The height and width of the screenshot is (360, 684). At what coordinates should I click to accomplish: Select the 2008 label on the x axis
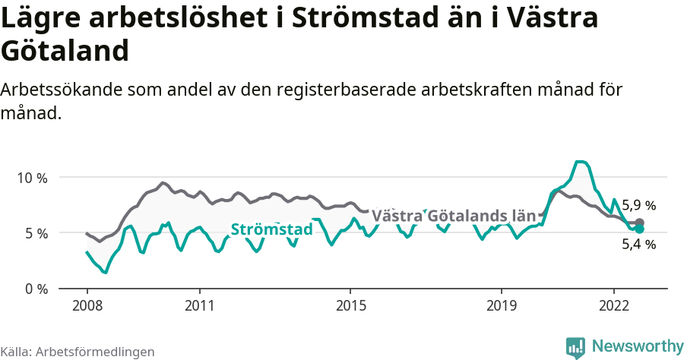(87, 305)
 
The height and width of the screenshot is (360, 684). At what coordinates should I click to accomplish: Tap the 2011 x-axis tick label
(199, 305)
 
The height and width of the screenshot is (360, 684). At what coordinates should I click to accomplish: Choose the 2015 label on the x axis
(350, 305)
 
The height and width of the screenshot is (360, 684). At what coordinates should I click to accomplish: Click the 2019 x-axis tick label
(501, 305)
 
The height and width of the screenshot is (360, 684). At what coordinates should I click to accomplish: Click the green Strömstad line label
(271, 229)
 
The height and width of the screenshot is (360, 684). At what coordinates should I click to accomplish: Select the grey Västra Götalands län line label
(453, 216)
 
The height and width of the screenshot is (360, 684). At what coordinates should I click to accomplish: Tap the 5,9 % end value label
(638, 205)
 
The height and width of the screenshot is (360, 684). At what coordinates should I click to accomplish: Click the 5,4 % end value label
(638, 245)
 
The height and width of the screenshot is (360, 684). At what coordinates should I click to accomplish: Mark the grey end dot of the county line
(639, 223)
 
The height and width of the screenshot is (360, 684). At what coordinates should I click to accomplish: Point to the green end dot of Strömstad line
(639, 229)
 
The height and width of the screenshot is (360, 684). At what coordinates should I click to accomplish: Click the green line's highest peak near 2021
(580, 161)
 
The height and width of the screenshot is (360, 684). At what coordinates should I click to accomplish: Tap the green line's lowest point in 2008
(105, 272)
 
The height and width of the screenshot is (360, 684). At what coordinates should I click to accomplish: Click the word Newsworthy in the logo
(637, 346)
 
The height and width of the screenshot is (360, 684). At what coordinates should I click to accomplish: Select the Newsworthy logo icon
(575, 347)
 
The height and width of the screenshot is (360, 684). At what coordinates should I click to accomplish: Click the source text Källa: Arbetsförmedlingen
(78, 352)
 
